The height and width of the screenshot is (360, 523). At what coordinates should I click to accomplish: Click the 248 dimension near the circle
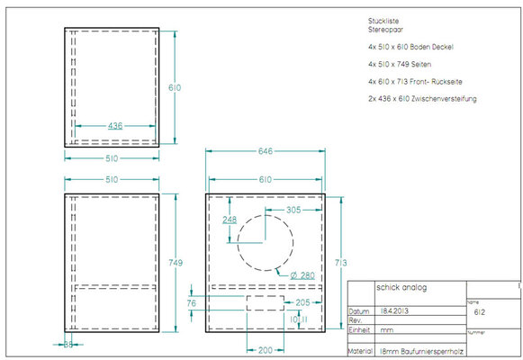pos(230,220)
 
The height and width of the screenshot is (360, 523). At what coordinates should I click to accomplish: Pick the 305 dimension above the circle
pos(293,208)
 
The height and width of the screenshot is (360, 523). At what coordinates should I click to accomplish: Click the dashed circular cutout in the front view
pos(266,241)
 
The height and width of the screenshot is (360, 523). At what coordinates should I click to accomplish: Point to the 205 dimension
pos(302,302)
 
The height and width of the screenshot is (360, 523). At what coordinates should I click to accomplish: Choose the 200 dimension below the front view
pos(265,348)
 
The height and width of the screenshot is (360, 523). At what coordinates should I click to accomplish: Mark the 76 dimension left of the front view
pos(191,303)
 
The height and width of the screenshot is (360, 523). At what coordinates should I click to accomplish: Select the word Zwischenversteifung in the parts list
pos(449,98)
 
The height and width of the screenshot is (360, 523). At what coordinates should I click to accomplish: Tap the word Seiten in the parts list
pos(423,64)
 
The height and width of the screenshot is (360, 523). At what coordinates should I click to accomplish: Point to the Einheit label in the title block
pos(359,329)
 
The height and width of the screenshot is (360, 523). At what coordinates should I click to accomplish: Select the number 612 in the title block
pos(480,311)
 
